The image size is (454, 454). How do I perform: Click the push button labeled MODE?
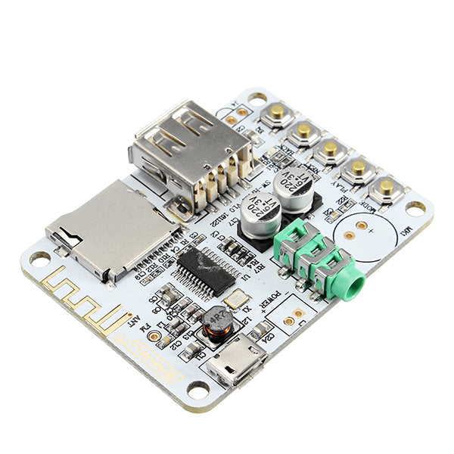point(384,188)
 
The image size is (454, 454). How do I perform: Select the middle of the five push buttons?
point(331,149)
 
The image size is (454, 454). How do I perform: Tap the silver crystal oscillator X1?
point(236,300)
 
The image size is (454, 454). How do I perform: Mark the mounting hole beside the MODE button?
point(415,206)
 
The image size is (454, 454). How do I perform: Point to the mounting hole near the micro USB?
point(198,390)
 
